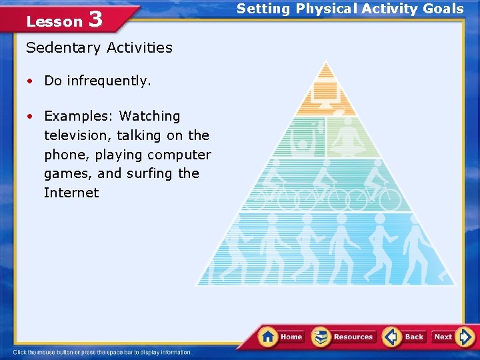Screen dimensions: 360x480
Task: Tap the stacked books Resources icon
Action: click(x=321, y=337)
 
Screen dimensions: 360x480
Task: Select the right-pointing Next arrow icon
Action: click(x=465, y=337)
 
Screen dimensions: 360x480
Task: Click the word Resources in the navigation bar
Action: click(x=353, y=337)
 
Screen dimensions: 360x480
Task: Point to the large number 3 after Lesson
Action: click(x=95, y=19)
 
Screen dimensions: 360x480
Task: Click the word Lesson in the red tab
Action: click(x=54, y=21)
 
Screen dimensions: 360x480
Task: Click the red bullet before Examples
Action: click(x=31, y=117)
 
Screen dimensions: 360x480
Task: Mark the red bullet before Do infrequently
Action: click(x=31, y=81)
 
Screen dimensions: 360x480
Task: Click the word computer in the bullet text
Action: click(x=179, y=155)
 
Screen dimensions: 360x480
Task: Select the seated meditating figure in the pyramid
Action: click(x=347, y=137)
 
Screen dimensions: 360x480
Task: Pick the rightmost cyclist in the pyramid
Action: click(x=381, y=189)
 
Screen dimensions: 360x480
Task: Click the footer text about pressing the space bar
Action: click(x=102, y=352)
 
